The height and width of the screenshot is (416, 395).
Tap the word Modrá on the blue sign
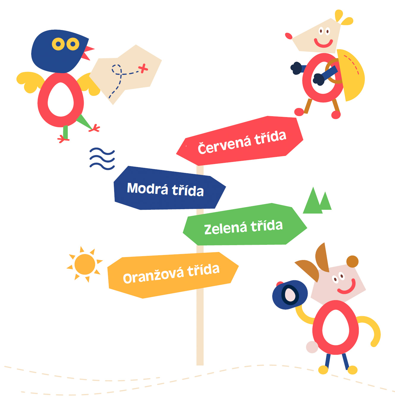147,188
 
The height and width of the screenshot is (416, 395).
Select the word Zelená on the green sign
226,228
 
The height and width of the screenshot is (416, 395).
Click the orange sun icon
85,264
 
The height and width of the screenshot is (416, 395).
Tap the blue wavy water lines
102,159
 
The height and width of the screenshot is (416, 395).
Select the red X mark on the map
143,68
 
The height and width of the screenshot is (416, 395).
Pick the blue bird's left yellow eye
58,44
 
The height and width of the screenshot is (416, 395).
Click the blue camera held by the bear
290,295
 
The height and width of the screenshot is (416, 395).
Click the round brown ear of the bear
352,261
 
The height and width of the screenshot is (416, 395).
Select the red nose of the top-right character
289,36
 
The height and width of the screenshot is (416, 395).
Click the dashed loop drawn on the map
117,70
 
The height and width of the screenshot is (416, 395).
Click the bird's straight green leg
65,132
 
